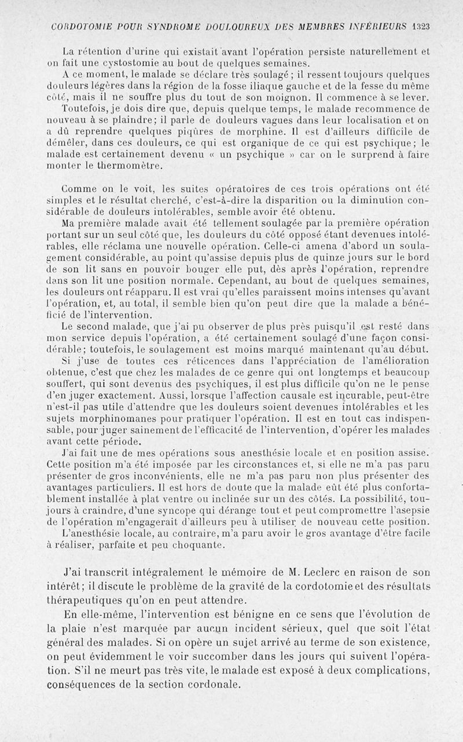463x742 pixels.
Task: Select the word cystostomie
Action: (x=94, y=63)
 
